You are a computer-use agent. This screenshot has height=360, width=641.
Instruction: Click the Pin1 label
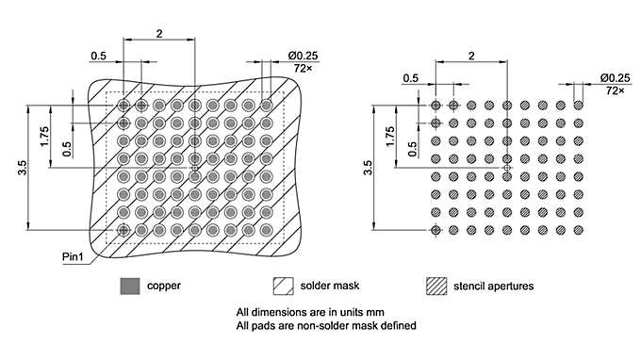click(x=75, y=254)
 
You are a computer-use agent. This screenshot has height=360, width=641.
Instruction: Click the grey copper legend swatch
click(x=128, y=285)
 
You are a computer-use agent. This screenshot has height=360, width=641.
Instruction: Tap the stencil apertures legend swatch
click(x=437, y=285)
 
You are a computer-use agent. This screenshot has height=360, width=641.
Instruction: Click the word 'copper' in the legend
click(x=163, y=285)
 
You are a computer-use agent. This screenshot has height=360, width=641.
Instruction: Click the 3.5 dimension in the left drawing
click(x=20, y=170)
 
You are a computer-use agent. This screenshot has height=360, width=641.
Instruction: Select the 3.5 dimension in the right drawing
click(x=368, y=170)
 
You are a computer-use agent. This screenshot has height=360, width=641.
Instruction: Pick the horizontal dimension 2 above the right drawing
click(x=470, y=54)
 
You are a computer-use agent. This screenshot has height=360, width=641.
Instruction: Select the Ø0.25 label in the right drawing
click(x=614, y=77)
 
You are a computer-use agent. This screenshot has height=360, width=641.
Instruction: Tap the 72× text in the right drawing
click(x=615, y=90)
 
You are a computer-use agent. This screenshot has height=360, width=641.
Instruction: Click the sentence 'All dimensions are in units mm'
click(x=309, y=312)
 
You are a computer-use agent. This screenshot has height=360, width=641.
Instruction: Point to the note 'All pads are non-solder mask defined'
click(x=325, y=325)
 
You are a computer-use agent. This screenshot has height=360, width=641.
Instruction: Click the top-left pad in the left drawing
click(x=123, y=105)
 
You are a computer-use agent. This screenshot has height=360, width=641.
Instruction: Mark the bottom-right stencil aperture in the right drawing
click(x=578, y=230)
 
